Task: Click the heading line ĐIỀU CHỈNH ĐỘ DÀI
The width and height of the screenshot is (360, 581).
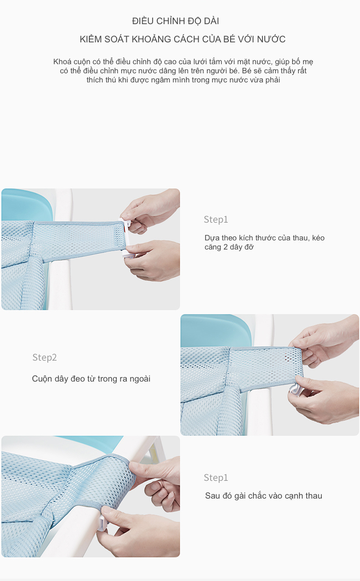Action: click(175, 21)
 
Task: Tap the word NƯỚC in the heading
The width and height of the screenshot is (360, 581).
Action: click(271, 39)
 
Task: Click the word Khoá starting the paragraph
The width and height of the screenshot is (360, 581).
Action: click(62, 62)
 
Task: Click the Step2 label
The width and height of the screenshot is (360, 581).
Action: click(44, 357)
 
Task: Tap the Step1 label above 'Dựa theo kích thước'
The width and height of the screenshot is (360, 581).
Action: click(216, 219)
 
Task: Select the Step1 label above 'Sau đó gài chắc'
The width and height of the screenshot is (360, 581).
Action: click(216, 478)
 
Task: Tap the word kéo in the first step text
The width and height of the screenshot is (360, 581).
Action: click(318, 238)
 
